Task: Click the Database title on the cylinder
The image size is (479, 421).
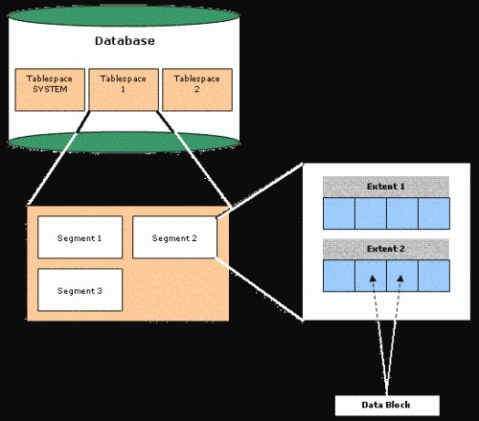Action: [x=125, y=41]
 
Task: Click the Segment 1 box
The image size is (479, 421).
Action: [x=80, y=236]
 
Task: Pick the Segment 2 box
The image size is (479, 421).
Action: [x=174, y=236]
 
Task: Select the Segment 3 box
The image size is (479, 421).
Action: [x=80, y=290]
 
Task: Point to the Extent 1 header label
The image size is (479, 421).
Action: [x=385, y=186]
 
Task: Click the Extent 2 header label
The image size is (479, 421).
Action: [x=385, y=248]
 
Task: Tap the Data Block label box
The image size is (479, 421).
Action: [x=386, y=405]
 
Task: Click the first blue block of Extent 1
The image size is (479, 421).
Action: [x=339, y=213]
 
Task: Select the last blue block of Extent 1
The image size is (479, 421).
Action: [x=433, y=213]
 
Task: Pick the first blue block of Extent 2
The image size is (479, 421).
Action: [x=339, y=275]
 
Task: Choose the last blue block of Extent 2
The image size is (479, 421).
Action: [x=433, y=275]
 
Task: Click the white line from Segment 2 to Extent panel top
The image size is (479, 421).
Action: [x=259, y=191]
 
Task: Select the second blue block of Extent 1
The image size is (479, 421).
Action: [x=371, y=213]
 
